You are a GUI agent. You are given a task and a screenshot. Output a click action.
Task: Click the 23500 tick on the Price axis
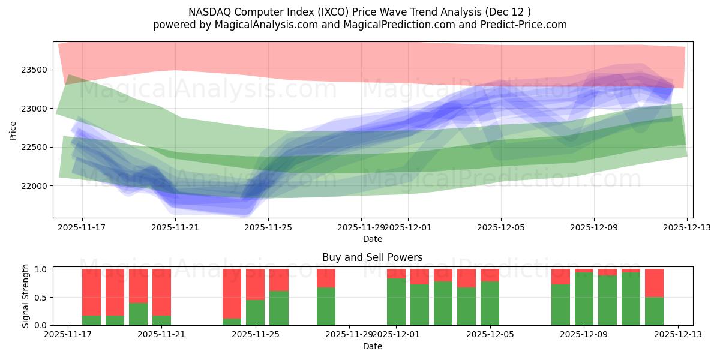click(34, 70)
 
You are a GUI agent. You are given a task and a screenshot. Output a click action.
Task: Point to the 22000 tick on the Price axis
click(34, 186)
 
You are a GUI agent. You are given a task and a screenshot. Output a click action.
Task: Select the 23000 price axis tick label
click(34, 109)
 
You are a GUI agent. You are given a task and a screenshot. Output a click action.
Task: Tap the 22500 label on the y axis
click(34, 147)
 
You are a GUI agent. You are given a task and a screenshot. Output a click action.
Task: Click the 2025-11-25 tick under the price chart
click(268, 227)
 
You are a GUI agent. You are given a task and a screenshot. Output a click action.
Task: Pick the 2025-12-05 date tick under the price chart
click(501, 227)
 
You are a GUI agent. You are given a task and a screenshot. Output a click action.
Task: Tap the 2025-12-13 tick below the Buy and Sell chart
click(678, 335)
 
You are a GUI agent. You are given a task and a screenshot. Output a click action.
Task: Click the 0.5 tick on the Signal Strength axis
click(41, 298)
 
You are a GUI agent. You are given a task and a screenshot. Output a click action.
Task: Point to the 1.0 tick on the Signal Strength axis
click(41, 269)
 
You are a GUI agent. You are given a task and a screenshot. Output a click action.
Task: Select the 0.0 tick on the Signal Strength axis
click(41, 325)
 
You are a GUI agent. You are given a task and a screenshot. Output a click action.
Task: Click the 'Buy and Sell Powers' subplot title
click(372, 257)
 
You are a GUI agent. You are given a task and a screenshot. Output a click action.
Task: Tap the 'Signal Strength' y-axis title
click(26, 296)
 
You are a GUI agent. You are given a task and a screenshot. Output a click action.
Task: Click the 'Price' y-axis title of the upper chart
click(13, 130)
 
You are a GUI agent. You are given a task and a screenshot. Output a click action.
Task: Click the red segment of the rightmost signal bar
click(654, 283)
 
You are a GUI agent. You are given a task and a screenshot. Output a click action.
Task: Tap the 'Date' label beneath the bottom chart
click(372, 346)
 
